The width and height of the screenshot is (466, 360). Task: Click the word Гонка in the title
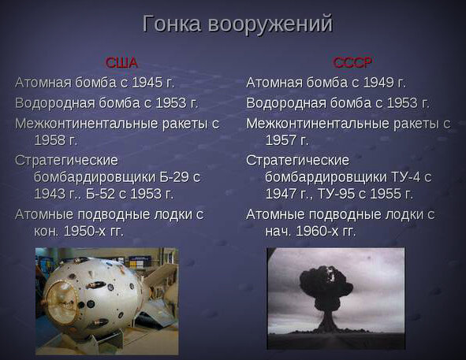tap(172, 23)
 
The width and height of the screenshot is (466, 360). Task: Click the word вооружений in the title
tap(270, 24)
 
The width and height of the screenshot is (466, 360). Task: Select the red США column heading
tap(121, 63)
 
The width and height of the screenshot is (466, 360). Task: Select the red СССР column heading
tap(352, 63)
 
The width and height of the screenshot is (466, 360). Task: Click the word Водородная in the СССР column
tap(286, 103)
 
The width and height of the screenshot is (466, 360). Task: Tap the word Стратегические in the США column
tap(66, 161)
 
